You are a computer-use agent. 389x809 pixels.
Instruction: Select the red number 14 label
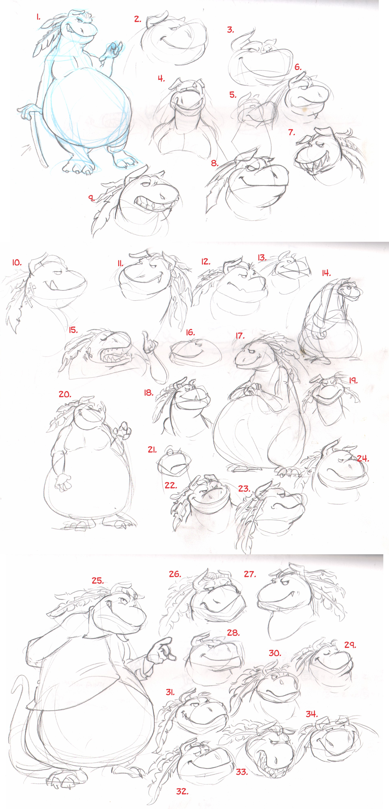coord(326,273)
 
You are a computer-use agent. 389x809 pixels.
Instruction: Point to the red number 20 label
coord(65,394)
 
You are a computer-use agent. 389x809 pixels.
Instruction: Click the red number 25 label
coord(98,581)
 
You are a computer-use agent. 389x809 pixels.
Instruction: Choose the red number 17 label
coord(240,336)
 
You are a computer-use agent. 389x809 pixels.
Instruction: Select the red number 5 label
coord(233,94)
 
